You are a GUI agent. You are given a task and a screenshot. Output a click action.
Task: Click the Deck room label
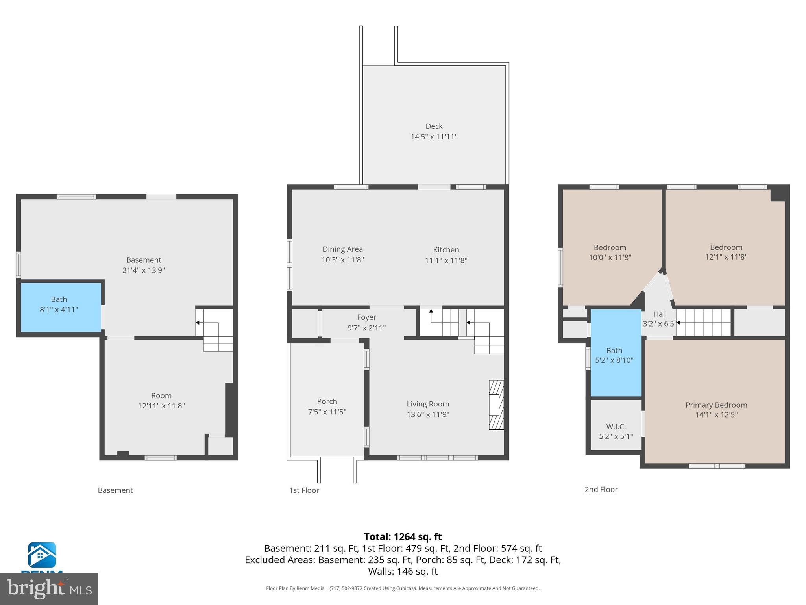click(434, 126)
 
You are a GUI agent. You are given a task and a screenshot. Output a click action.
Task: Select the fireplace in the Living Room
click(496, 405)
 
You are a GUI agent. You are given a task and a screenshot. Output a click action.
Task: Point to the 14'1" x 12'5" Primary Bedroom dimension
click(716, 415)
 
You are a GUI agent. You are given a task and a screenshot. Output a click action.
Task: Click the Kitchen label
click(446, 250)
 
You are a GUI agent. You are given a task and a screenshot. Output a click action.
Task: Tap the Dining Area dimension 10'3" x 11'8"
click(342, 260)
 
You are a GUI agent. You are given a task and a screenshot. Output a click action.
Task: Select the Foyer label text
click(366, 317)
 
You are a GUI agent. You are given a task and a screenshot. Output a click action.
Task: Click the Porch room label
click(327, 401)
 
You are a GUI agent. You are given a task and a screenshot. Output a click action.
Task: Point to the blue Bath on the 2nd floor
click(615, 354)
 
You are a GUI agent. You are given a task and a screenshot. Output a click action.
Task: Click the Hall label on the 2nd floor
click(660, 314)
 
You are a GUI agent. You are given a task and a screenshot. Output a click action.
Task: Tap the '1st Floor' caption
click(304, 490)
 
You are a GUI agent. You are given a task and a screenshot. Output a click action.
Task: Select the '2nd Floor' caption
click(601, 490)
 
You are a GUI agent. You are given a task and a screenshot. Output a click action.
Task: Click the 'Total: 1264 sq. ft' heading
click(403, 537)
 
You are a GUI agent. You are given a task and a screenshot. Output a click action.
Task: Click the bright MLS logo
click(49, 588)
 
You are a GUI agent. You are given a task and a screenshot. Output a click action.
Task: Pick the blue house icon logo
click(42, 555)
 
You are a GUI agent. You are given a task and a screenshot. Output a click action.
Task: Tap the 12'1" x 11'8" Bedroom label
click(726, 252)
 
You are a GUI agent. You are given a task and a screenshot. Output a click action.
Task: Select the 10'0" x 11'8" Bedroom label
click(610, 252)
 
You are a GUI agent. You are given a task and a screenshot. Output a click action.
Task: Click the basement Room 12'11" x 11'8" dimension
click(161, 406)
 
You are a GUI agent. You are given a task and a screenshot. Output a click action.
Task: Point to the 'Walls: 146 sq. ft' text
click(403, 571)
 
